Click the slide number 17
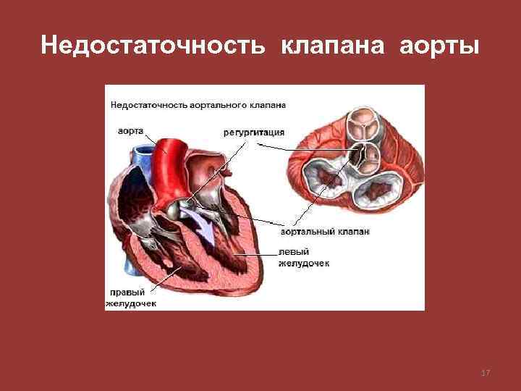point(486,373)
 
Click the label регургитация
point(253,133)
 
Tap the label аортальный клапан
point(323,232)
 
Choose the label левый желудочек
point(304,258)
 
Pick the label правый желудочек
point(130,298)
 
